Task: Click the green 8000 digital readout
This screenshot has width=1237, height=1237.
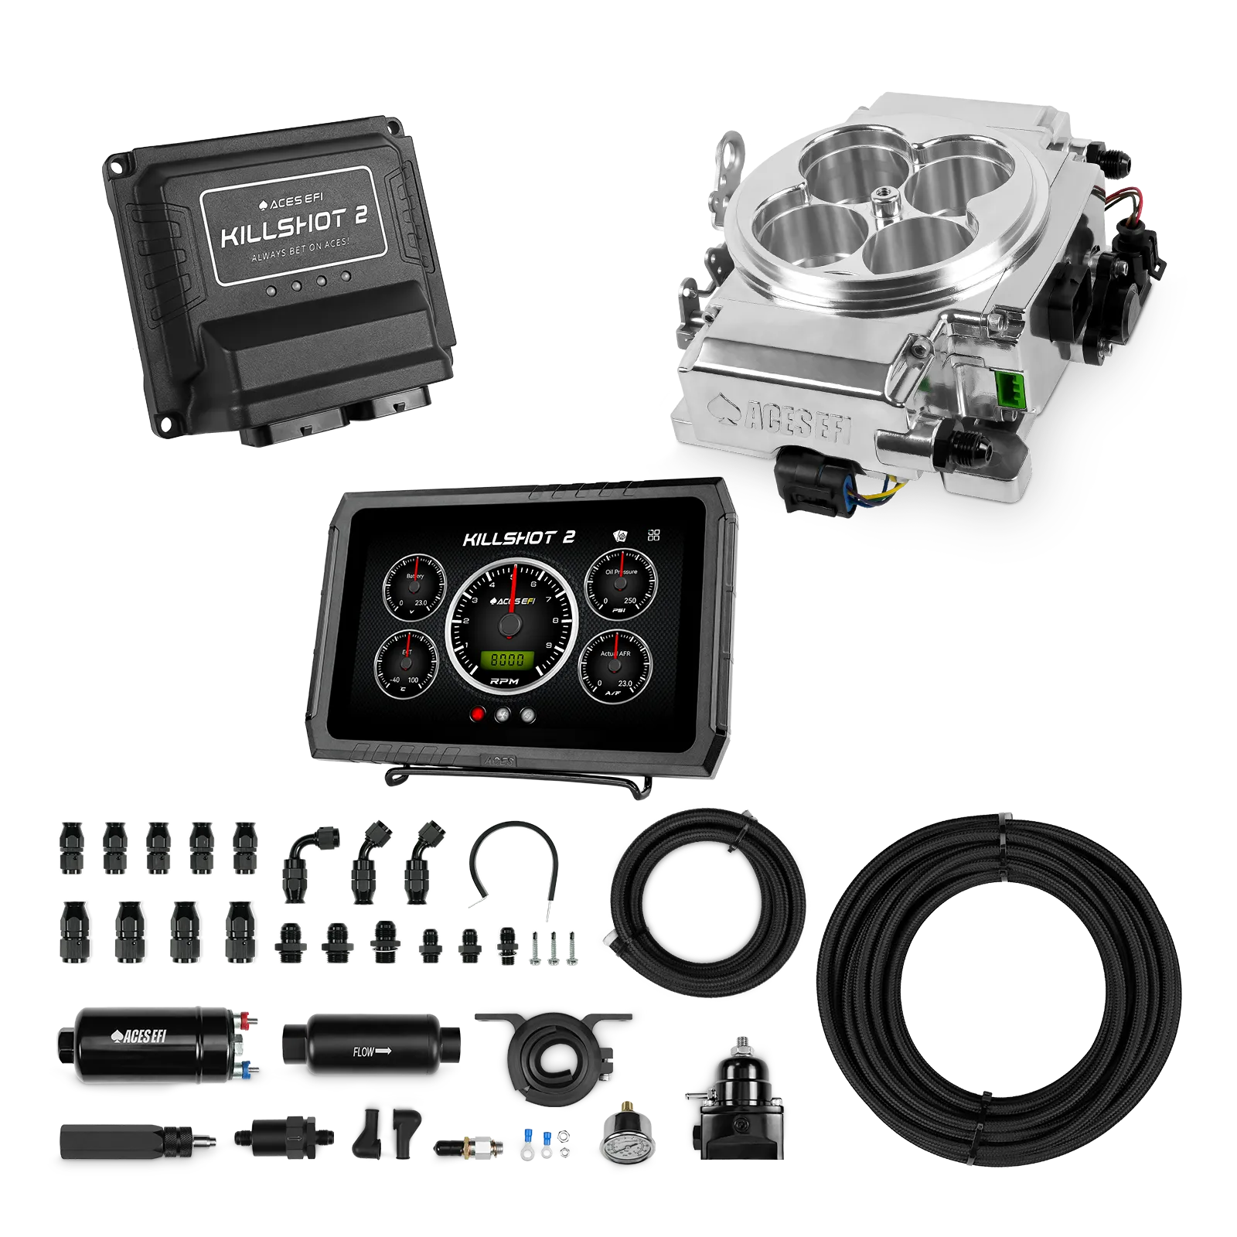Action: (508, 659)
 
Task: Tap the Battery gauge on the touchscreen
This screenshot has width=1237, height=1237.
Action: (415, 587)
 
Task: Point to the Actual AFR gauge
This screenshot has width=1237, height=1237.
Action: (616, 664)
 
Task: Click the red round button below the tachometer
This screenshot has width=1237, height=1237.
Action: (479, 714)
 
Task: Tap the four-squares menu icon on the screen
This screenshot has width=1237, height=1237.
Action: (654, 534)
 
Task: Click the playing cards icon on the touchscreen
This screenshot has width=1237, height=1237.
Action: (621, 535)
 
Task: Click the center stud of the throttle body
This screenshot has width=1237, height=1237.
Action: (882, 207)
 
